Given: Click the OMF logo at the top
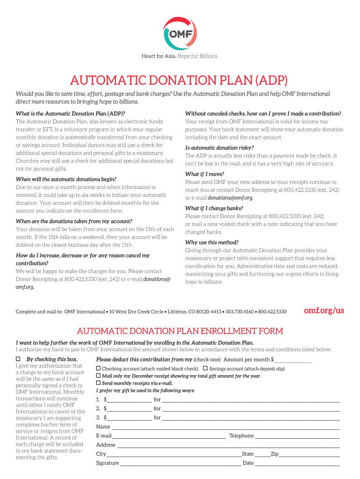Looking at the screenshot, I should click(x=180, y=33).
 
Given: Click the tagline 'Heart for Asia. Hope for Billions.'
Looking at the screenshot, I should click(x=180, y=57).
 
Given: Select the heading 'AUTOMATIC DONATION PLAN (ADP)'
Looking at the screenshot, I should click(x=180, y=80).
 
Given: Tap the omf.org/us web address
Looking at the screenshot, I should click(x=324, y=311).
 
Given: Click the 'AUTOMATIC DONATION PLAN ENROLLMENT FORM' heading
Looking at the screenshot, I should click(x=180, y=331).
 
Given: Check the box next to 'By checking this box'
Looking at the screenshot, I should click(x=18, y=359).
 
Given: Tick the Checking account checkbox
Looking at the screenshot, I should click(x=99, y=369).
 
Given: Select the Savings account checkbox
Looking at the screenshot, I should click(x=205, y=369).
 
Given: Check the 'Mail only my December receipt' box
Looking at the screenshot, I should click(x=99, y=376).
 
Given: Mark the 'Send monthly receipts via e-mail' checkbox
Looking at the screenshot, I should click(x=99, y=383).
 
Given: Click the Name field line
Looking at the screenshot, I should click(x=225, y=427).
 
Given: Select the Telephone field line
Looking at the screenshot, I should click(x=297, y=436).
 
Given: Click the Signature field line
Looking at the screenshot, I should click(x=180, y=463).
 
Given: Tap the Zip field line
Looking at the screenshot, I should click(x=309, y=454).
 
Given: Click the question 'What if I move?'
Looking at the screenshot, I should click(x=204, y=174).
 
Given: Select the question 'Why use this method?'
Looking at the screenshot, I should click(x=212, y=242).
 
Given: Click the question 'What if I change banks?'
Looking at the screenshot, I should click(x=213, y=208).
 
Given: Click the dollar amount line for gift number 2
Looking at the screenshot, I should click(x=129, y=409).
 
